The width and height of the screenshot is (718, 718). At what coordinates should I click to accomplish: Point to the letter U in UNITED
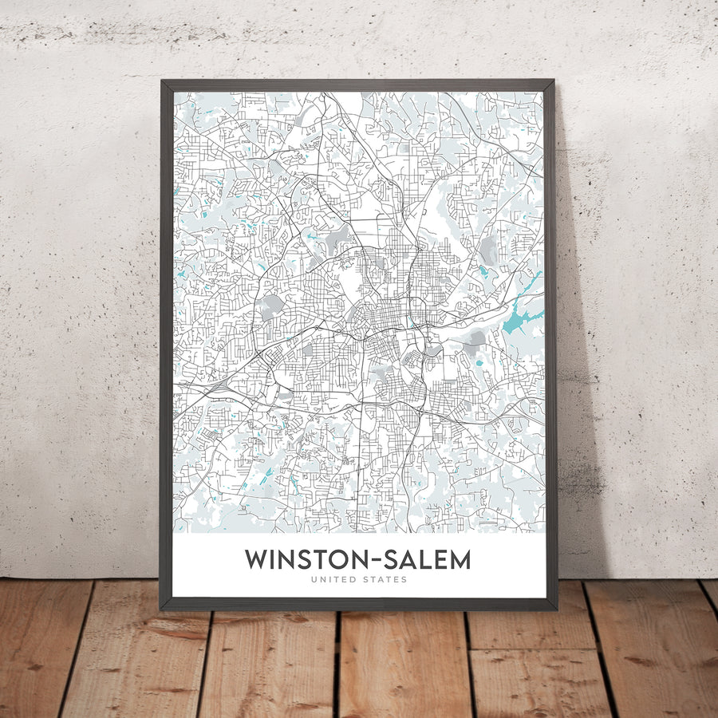click(x=314, y=580)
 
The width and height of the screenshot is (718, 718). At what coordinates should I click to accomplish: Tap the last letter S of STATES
click(x=404, y=580)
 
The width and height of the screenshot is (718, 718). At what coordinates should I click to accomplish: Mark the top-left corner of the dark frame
click(x=161, y=80)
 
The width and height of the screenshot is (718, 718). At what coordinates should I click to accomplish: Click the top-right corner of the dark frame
click(x=553, y=80)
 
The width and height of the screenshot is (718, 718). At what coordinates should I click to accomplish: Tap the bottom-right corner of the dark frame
click(x=556, y=610)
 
